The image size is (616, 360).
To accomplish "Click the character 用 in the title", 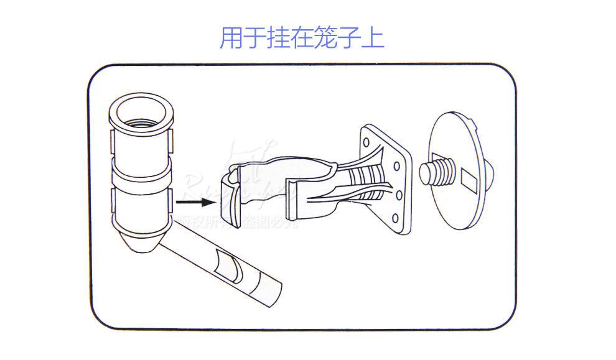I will coord(231,39).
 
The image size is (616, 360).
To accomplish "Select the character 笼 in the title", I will coord(325,39).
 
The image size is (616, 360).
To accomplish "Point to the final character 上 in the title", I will coord(373,39).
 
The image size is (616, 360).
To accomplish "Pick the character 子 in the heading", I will coord(349,39).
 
